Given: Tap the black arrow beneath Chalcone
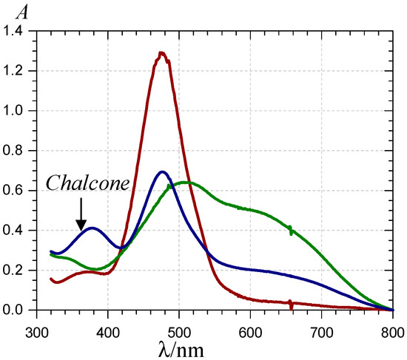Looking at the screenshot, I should click(x=81, y=214).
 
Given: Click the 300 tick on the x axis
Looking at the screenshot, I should click(x=37, y=324).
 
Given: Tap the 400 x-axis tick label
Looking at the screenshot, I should click(x=108, y=324).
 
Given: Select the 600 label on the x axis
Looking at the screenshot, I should click(x=251, y=324).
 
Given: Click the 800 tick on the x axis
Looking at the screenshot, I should click(x=392, y=324).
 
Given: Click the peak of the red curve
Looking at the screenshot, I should click(x=161, y=52).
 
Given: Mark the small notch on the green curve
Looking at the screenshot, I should click(x=291, y=231).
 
